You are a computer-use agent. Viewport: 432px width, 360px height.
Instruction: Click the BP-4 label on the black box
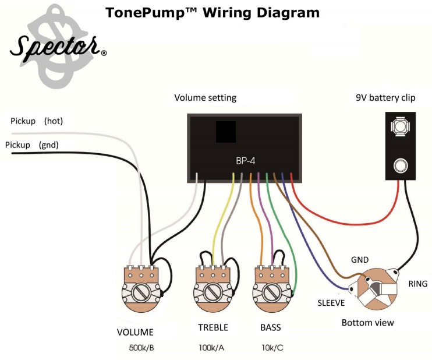click(246, 161)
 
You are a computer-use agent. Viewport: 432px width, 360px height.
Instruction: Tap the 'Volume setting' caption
click(206, 98)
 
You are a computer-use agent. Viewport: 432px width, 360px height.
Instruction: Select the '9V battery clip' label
click(385, 98)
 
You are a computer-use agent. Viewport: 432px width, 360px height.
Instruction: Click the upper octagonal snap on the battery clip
click(401, 126)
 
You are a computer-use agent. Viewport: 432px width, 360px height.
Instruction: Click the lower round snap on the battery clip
click(401, 166)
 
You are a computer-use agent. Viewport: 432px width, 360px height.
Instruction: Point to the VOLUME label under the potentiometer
click(135, 332)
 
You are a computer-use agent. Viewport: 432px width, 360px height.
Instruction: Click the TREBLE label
click(213, 327)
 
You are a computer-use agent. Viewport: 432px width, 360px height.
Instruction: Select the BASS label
click(271, 327)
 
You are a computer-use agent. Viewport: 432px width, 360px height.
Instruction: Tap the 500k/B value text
click(141, 348)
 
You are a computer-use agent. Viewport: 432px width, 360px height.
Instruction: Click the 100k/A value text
click(211, 348)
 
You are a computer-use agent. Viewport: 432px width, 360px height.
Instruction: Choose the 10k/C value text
click(272, 348)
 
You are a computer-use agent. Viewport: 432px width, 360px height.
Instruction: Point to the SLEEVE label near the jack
click(331, 303)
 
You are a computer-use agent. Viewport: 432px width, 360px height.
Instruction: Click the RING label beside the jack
click(417, 284)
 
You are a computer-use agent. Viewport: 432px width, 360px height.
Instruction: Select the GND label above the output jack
click(360, 260)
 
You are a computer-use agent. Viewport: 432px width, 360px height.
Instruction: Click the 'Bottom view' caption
click(367, 323)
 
